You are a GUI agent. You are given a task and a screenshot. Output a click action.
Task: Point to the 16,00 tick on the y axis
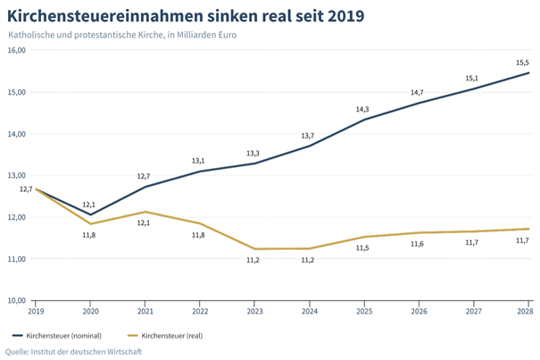[16, 50]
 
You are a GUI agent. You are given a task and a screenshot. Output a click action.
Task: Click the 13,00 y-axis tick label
[16, 176]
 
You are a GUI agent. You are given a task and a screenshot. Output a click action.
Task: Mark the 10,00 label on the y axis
[16, 301]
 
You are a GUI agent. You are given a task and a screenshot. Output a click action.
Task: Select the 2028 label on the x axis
[526, 310]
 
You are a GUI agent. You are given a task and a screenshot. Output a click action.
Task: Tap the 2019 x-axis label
[36, 310]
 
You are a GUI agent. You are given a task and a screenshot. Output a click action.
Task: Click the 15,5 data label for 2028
[523, 62]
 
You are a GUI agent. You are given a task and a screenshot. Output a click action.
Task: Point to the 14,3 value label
[362, 109]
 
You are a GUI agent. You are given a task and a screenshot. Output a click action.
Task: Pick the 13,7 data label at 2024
[308, 135]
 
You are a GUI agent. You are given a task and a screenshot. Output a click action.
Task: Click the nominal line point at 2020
[90, 214]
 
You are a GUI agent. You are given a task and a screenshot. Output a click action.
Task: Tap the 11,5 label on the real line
[362, 247]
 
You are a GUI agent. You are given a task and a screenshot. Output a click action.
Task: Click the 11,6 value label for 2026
[417, 244]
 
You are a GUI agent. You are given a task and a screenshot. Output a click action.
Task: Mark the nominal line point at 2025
[362, 120]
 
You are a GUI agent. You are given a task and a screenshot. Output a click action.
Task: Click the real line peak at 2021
[145, 212]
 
